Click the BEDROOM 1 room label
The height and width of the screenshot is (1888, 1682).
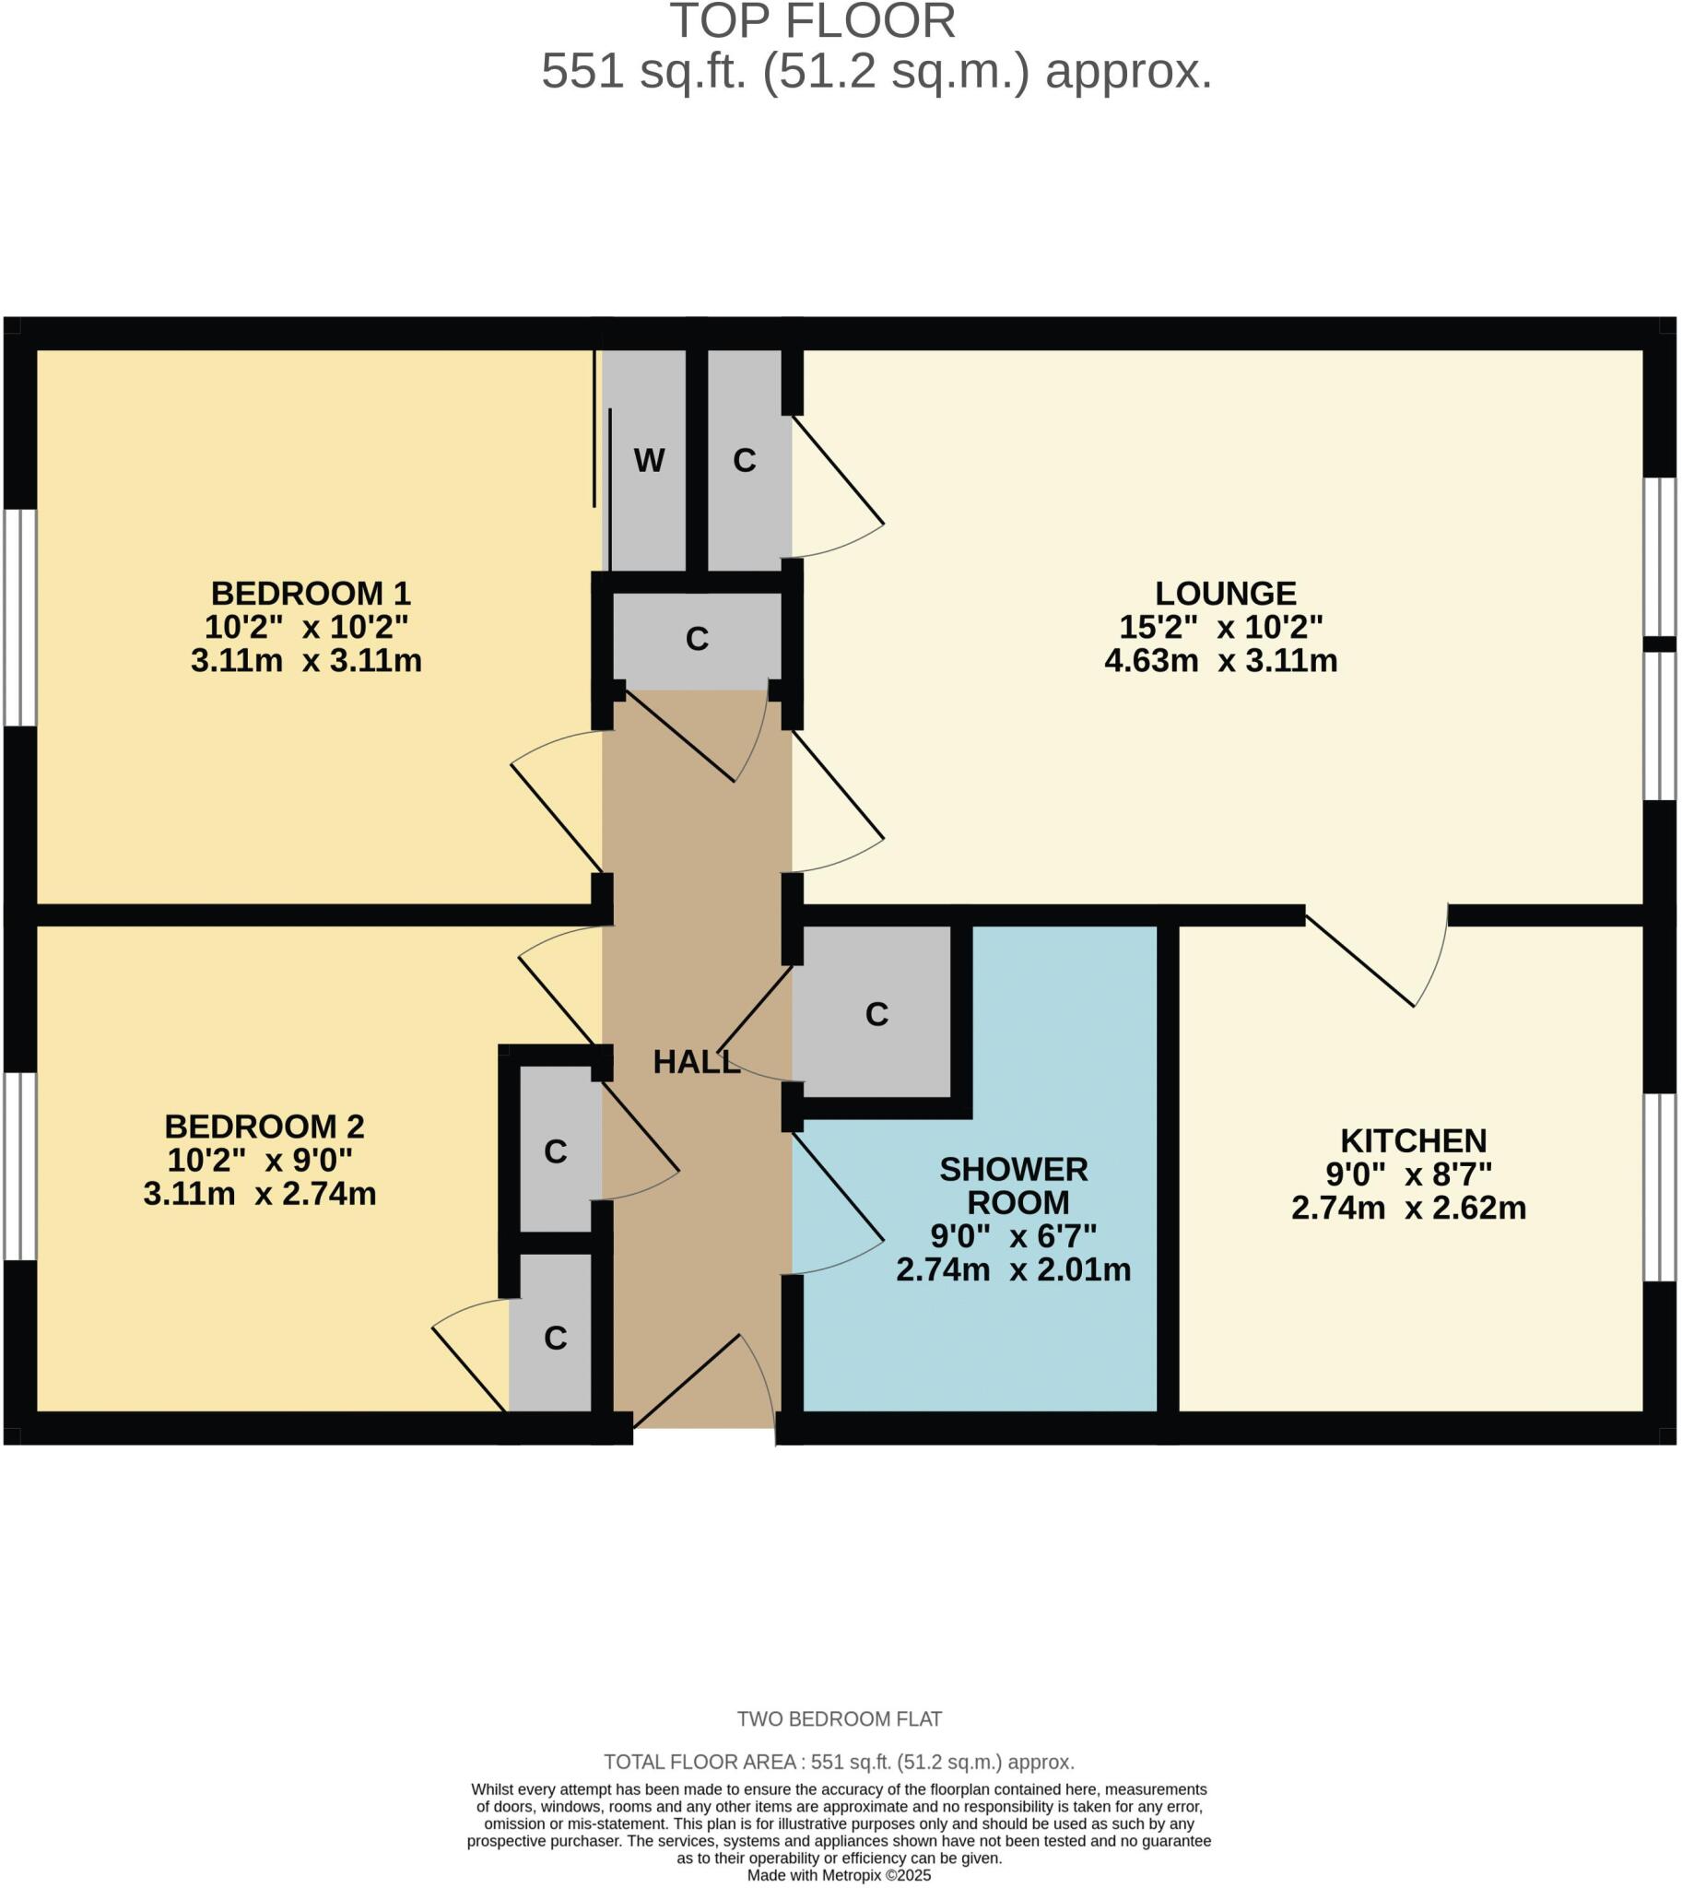point(310,593)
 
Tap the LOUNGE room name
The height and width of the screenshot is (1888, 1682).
point(1226,593)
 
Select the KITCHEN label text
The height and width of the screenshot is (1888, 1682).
point(1413,1140)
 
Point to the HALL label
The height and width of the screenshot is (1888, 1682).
point(696,1062)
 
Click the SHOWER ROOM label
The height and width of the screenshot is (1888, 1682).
point(1015,1186)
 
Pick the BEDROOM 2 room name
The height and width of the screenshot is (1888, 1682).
point(265,1127)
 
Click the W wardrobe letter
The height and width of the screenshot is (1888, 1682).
point(649,460)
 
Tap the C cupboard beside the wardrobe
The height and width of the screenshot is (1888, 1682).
point(745,460)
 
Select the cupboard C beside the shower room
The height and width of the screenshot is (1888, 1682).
point(876,1014)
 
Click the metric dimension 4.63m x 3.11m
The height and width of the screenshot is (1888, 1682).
point(1221,661)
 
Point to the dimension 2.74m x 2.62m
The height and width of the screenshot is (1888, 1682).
point(1408,1209)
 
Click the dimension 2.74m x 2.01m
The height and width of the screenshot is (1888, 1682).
point(1013,1269)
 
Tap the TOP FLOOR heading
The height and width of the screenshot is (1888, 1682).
point(812,22)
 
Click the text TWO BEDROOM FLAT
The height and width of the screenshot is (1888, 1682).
point(839,1719)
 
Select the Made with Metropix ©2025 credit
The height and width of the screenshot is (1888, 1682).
point(839,1876)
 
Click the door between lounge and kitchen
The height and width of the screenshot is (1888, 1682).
point(1377,962)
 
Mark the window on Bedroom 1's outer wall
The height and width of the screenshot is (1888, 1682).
point(19,617)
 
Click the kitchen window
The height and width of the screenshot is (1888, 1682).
point(1660,1187)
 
